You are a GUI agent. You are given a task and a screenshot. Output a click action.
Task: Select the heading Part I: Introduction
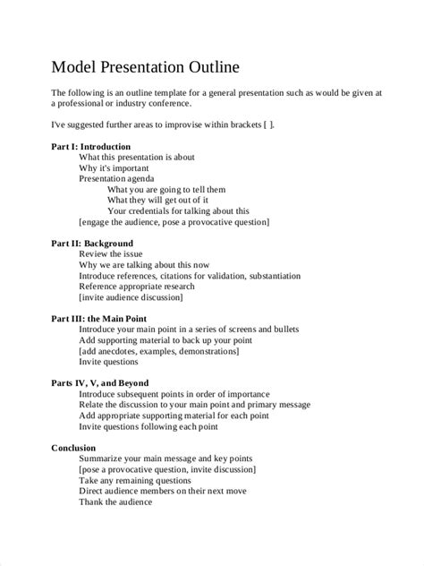tap(92, 145)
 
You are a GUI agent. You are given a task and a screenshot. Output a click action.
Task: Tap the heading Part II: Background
tap(91, 243)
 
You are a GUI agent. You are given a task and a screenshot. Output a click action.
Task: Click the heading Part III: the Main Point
tap(99, 318)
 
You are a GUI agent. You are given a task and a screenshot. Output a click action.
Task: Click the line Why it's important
tap(114, 167)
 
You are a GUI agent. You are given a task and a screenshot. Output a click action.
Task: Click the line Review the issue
tap(115, 253)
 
